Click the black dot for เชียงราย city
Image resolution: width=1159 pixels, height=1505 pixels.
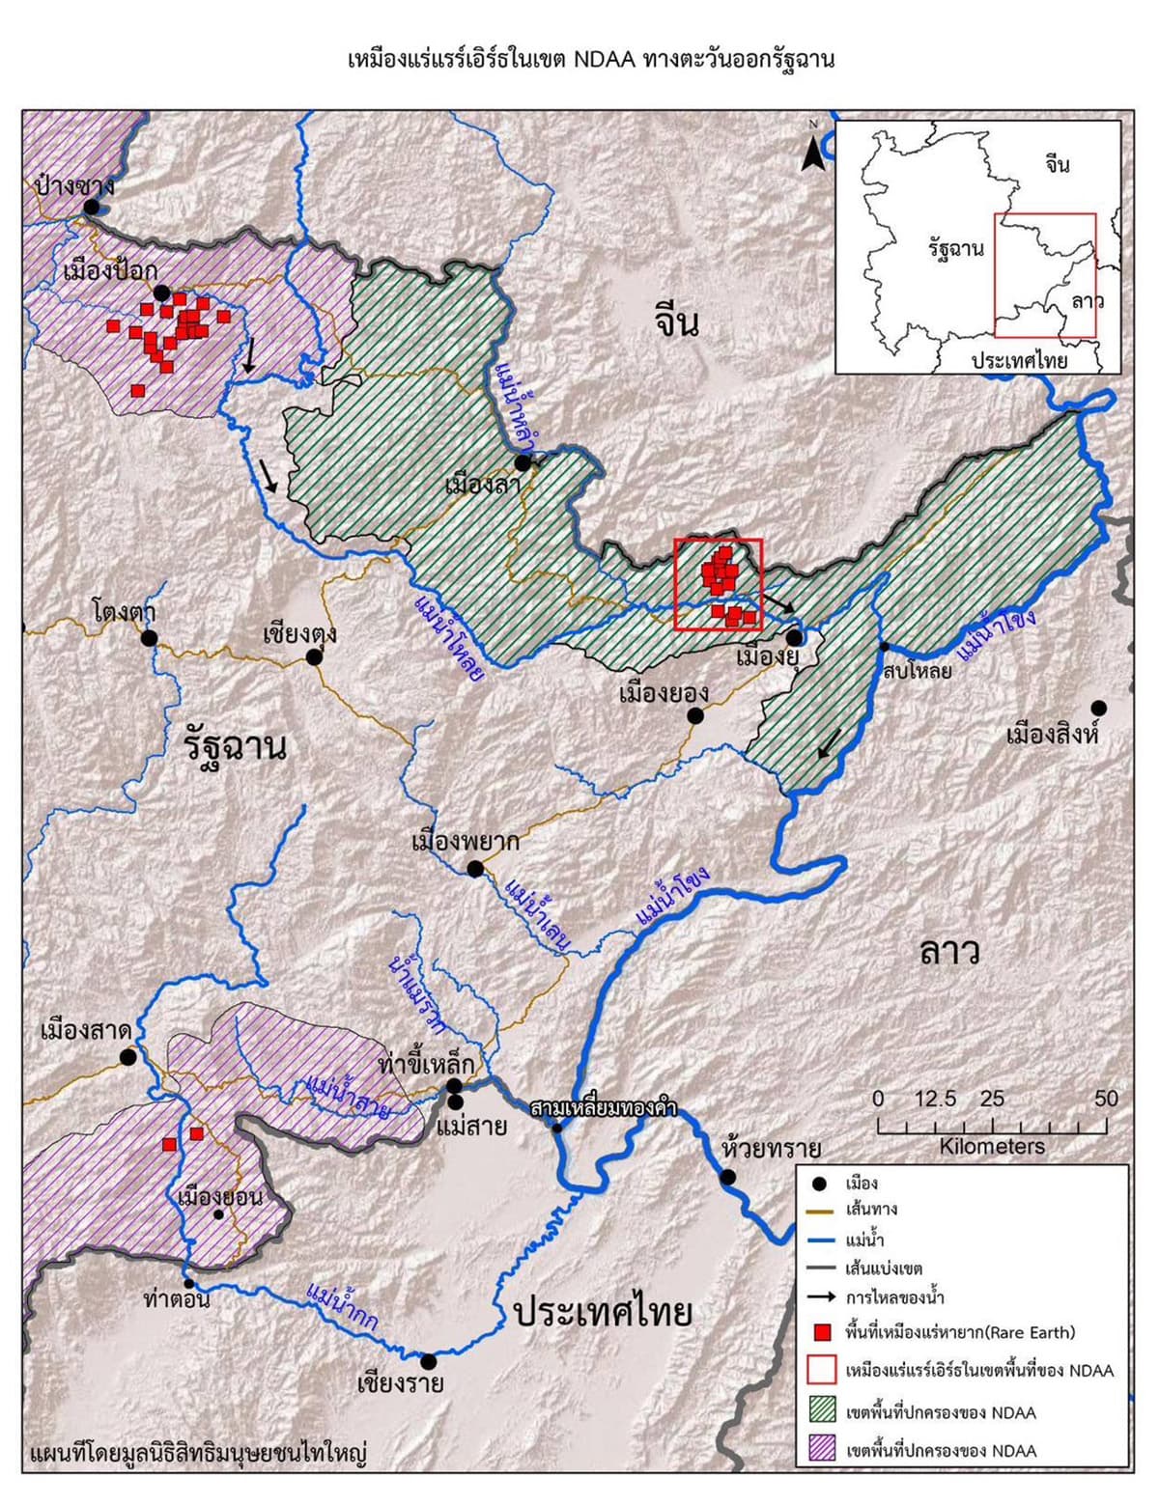(429, 1361)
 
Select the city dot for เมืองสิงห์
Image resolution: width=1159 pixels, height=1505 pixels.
(1098, 708)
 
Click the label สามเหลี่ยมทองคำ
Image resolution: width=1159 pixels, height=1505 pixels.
(603, 1107)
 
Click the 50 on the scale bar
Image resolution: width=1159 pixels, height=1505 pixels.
(1106, 1099)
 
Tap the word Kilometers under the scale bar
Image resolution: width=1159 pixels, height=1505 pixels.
(992, 1147)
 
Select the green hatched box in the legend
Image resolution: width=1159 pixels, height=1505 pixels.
(822, 1411)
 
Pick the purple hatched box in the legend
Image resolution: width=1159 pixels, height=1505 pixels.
(822, 1449)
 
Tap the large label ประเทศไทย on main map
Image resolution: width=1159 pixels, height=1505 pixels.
(604, 1313)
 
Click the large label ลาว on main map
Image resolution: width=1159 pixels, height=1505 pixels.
(949, 952)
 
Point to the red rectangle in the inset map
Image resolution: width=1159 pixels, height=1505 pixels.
(1045, 275)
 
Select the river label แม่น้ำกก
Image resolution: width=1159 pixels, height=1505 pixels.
(341, 1307)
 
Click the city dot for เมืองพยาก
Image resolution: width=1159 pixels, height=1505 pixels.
(475, 869)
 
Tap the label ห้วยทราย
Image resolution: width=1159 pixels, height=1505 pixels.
(771, 1149)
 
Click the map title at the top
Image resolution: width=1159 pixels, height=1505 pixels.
(590, 60)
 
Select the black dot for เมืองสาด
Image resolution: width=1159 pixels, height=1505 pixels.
(127, 1057)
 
